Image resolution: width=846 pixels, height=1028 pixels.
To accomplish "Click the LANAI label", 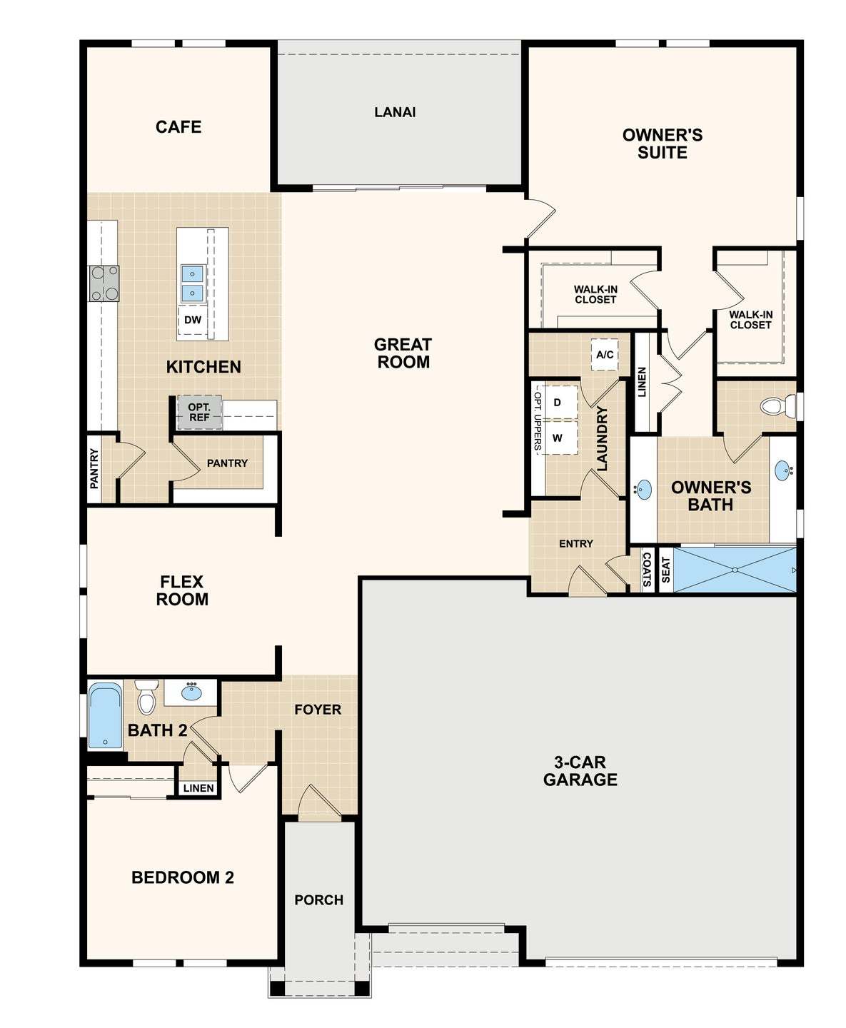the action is (x=395, y=112).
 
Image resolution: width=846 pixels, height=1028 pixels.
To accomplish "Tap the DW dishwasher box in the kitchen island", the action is (x=193, y=320).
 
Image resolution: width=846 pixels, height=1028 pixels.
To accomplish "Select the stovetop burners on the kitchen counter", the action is (x=104, y=283).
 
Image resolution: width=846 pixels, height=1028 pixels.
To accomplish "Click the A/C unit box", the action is (x=605, y=354).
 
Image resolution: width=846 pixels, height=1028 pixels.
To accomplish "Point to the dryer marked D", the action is (x=560, y=402).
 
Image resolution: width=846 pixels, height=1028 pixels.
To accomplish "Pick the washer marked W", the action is (x=560, y=438).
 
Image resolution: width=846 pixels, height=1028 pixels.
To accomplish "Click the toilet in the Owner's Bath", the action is (x=778, y=405).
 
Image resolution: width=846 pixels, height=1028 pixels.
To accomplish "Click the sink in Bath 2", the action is (x=191, y=692).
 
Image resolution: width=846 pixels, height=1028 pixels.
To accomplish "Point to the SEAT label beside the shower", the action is (x=666, y=570).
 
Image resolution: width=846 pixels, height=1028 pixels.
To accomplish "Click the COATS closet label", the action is (x=647, y=569).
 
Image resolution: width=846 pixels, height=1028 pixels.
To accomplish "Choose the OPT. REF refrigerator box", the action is (x=199, y=413).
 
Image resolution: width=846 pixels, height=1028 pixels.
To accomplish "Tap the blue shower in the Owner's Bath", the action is (x=735, y=570).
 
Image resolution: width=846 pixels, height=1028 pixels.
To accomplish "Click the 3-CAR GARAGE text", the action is (x=580, y=771).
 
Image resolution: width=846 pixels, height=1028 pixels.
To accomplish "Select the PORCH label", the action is (x=319, y=899).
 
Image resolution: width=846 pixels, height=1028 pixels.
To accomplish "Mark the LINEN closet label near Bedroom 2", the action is (x=198, y=788).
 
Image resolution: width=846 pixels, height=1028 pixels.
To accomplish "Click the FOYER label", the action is (x=318, y=710).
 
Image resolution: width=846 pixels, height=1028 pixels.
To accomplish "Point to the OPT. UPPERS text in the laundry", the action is (x=538, y=418).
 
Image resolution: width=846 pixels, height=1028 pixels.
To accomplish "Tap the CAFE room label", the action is (x=178, y=127).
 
